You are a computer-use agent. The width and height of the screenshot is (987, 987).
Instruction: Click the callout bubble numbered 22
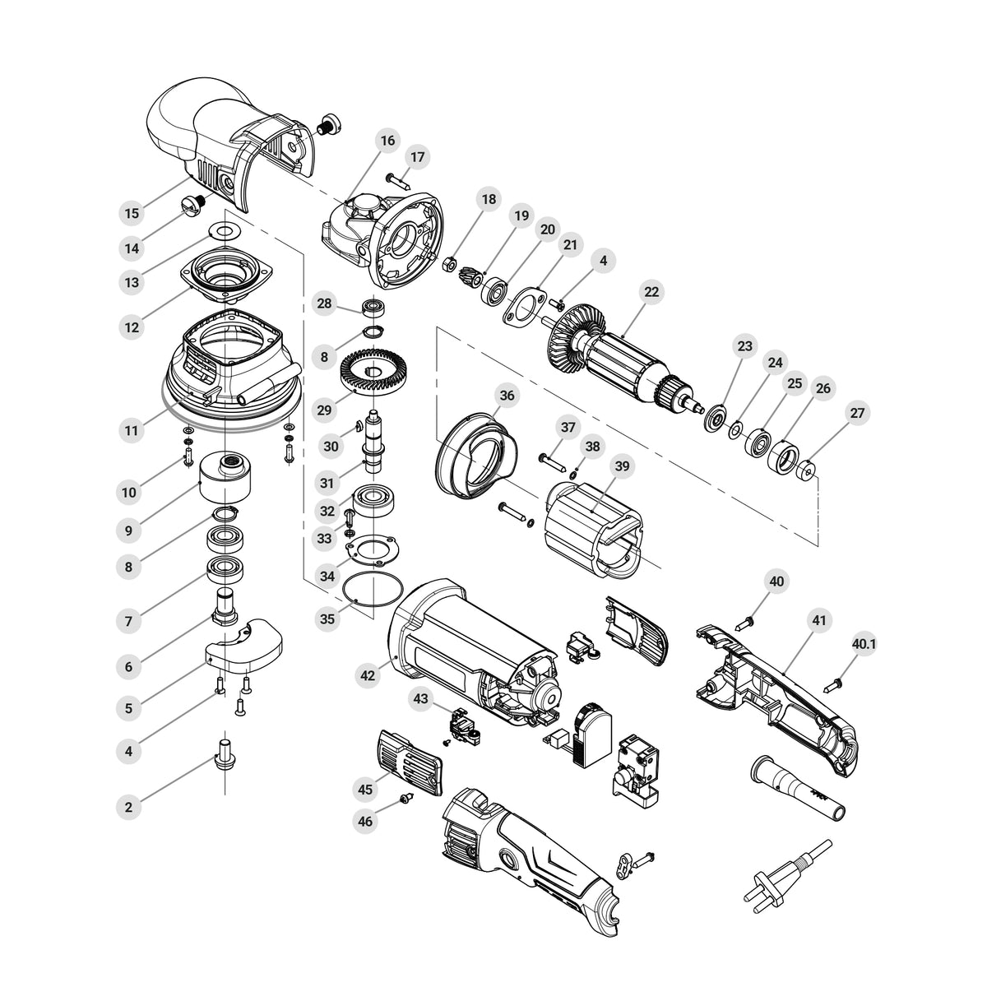[651, 292]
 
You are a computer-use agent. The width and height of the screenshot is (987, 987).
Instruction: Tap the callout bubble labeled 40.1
[864, 644]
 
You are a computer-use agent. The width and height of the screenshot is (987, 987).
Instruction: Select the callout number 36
[507, 396]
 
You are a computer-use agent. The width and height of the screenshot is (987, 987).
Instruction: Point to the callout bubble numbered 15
[132, 213]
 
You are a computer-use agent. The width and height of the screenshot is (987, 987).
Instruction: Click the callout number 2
[128, 807]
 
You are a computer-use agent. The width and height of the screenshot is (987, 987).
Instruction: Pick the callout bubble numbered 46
[365, 822]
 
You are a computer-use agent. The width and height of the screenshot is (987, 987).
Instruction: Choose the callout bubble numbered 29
[324, 410]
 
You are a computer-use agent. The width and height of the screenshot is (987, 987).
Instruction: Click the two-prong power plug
[788, 877]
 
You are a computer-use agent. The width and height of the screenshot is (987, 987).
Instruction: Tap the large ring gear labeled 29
[373, 373]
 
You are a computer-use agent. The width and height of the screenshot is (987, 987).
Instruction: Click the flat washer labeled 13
[225, 230]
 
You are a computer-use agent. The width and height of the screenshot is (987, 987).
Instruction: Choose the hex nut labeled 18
[449, 266]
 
